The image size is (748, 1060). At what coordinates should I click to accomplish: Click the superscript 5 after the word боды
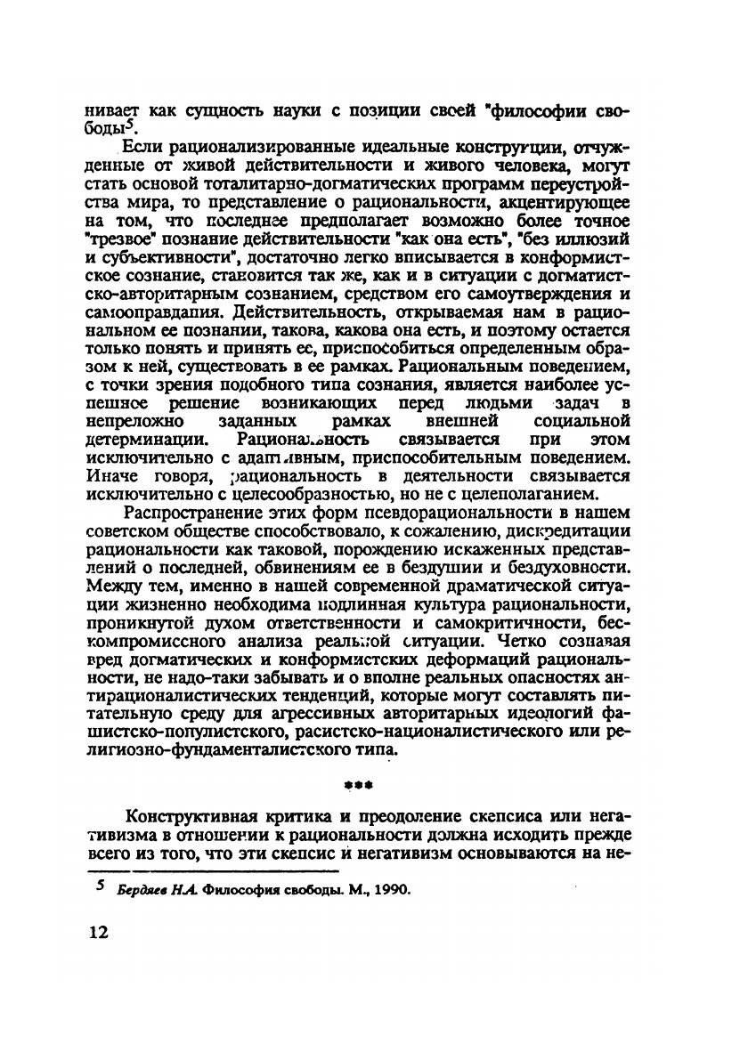coord(138,125)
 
